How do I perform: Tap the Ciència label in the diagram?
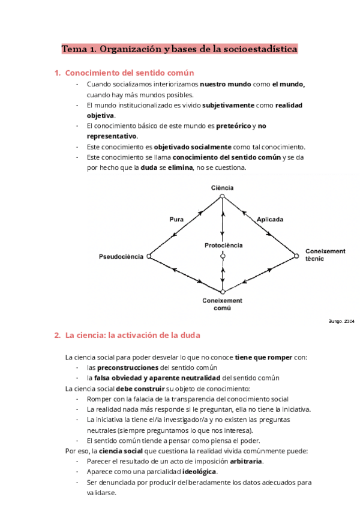point(222,188)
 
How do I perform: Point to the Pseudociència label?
point(121,256)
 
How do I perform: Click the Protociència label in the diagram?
point(223,245)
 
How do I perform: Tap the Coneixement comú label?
point(223,304)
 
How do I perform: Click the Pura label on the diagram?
point(176,220)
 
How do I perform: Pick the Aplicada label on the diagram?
point(270,220)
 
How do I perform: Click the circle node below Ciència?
point(222,196)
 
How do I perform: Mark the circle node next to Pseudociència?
point(149,256)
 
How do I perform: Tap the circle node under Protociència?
point(223,256)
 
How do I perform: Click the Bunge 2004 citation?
point(342,321)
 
